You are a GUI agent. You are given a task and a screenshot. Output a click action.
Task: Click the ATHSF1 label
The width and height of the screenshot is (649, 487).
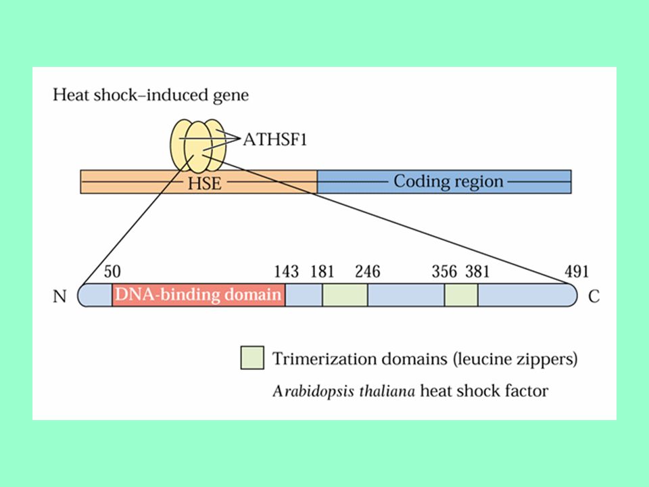click(275, 139)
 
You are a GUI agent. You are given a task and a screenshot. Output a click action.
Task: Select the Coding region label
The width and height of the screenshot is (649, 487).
click(448, 181)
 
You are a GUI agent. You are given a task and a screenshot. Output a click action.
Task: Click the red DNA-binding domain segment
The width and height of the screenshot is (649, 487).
click(199, 295)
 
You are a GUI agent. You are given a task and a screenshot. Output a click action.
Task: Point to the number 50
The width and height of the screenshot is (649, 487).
click(112, 272)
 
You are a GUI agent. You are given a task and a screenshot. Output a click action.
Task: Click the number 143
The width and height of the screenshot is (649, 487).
click(286, 272)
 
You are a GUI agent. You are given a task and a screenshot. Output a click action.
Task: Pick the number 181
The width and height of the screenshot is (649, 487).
click(322, 272)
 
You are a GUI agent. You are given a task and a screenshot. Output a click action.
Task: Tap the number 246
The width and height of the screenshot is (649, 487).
click(367, 272)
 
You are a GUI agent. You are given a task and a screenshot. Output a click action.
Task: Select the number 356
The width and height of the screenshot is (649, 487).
click(444, 272)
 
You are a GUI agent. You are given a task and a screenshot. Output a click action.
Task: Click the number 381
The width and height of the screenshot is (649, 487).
click(477, 272)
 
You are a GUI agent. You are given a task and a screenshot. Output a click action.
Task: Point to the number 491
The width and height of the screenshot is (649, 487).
click(576, 272)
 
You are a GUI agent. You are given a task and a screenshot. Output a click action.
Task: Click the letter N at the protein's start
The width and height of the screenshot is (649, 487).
click(59, 296)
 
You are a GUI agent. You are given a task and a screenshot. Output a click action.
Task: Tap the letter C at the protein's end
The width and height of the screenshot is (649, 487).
click(594, 296)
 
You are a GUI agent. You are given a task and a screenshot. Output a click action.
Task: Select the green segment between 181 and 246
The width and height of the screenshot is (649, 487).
click(345, 295)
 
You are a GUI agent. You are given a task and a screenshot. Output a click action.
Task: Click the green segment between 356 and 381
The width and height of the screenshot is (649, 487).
click(461, 295)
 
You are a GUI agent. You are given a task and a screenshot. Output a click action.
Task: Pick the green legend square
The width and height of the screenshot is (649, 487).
click(252, 358)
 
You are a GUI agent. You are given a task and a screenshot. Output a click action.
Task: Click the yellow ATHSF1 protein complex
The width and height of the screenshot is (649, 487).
click(198, 146)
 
